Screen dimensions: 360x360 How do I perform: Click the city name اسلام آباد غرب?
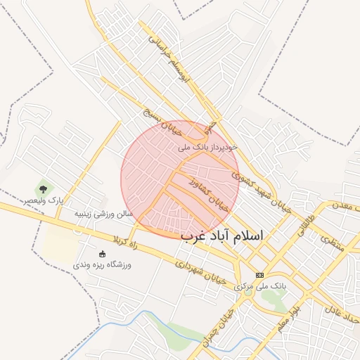(x=221, y=236)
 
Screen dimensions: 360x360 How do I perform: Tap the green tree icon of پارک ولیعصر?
(x=44, y=188)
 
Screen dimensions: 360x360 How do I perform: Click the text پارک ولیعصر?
(x=42, y=201)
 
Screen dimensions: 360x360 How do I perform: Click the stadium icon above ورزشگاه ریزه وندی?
(x=103, y=253)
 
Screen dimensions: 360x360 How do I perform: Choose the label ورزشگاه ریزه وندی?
(x=103, y=265)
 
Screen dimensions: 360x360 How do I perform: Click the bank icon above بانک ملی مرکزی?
(x=260, y=275)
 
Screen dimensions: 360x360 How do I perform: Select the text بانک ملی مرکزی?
(x=260, y=287)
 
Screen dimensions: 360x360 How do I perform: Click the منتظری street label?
(x=328, y=238)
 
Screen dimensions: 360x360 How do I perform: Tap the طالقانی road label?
(x=307, y=227)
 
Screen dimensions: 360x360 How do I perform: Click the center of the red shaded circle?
(x=180, y=179)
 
